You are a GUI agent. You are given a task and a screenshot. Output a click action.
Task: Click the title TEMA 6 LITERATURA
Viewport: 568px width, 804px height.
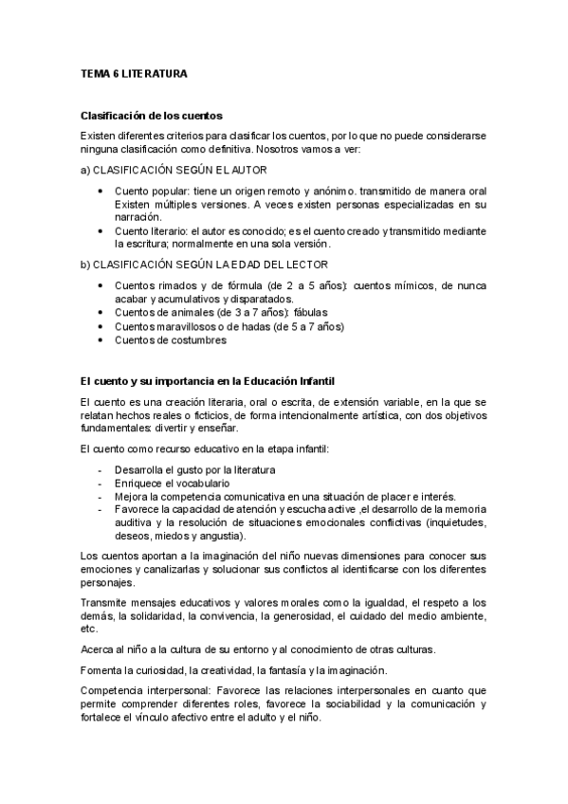pyautogui.click(x=133, y=72)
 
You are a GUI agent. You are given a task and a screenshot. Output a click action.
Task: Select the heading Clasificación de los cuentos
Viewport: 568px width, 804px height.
pyautogui.click(x=152, y=116)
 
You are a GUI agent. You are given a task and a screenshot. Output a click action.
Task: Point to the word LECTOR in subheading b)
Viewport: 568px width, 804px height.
pyautogui.click(x=306, y=264)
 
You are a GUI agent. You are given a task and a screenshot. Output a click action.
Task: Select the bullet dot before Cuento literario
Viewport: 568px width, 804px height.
pyautogui.click(x=101, y=230)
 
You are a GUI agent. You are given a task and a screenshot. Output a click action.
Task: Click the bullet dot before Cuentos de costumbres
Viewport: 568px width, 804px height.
pyautogui.click(x=101, y=339)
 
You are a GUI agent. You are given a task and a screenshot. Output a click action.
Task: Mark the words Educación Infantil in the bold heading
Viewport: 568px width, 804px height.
pyautogui.click(x=289, y=381)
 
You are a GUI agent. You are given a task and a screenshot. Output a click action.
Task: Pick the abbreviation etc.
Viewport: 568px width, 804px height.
pyautogui.click(x=89, y=629)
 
